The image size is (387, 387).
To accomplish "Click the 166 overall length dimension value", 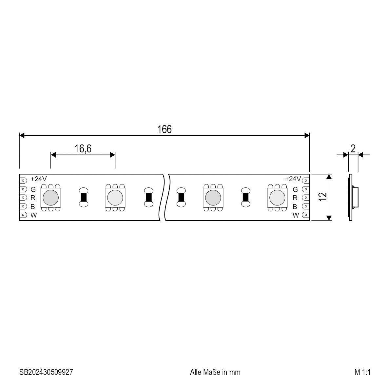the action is click(x=164, y=129).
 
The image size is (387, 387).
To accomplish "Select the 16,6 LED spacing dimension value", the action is click(x=83, y=149).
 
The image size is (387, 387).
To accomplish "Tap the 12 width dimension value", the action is click(x=322, y=197).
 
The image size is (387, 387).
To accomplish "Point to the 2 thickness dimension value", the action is click(x=353, y=148).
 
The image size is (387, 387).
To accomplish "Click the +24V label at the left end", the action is click(x=38, y=179).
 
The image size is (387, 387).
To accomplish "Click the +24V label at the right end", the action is click(x=293, y=179).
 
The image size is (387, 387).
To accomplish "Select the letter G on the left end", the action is click(x=33, y=189).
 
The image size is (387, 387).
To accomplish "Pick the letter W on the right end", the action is click(x=296, y=215).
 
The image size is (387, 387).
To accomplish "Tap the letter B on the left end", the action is click(x=32, y=206).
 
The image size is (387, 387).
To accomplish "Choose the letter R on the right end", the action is click(x=295, y=198).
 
